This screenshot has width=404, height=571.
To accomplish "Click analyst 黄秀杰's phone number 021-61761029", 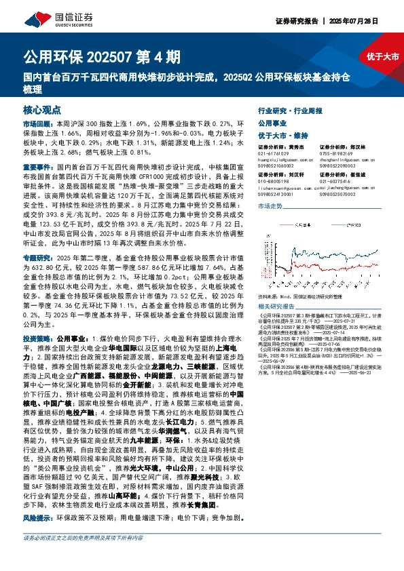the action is tap(272, 153).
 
